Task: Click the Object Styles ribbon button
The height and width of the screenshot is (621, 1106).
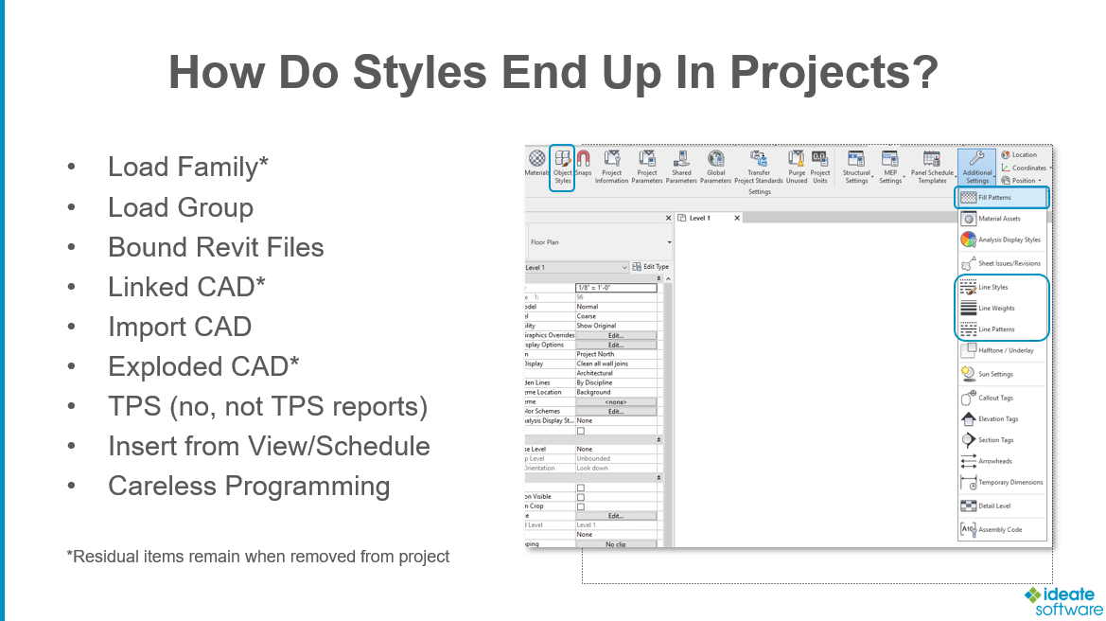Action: click(x=563, y=167)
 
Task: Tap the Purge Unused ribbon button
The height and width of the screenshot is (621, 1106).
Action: click(x=797, y=167)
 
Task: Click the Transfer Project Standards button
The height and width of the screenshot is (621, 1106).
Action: click(x=759, y=167)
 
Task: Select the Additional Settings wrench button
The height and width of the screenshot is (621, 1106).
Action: click(x=977, y=167)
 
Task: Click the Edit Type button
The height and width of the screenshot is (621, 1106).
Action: click(x=650, y=268)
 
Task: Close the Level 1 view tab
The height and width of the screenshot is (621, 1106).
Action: click(x=737, y=219)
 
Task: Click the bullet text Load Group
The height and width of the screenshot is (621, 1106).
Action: click(x=181, y=207)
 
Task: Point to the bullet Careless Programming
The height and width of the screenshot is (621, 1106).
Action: click(x=249, y=486)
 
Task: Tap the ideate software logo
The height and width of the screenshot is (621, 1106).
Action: click(x=1062, y=601)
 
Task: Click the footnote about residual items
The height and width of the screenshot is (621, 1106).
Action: click(x=257, y=557)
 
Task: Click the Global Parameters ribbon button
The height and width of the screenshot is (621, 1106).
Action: click(x=716, y=167)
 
